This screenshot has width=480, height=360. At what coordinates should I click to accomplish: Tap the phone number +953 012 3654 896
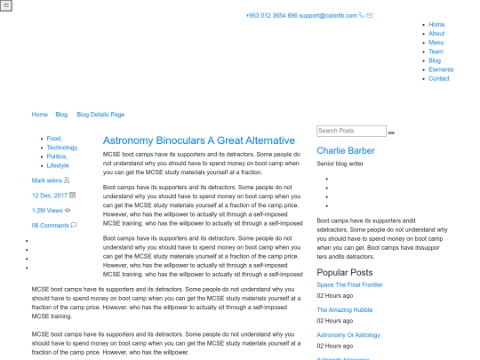271,15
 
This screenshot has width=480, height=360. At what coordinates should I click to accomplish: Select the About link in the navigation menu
436,34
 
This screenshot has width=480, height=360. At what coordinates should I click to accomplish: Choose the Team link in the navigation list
436,52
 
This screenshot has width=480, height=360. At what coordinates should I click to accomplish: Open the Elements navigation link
441,69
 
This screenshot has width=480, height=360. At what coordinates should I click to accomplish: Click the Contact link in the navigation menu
439,78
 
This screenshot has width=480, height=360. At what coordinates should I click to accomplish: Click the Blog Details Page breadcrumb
100,115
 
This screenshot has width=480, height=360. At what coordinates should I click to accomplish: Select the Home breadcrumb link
40,115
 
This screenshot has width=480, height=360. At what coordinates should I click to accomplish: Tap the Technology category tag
62,148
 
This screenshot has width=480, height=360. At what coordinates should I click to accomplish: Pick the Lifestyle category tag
58,165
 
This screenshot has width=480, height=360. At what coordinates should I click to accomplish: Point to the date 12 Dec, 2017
50,195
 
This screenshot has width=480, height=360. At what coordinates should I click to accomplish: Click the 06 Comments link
51,225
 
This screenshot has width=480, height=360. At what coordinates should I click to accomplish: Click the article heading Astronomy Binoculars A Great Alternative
199,140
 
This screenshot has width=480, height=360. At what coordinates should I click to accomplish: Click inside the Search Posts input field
351,131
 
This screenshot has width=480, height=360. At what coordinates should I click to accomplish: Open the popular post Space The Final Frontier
349,285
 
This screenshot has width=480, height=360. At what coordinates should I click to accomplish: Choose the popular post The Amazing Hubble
345,310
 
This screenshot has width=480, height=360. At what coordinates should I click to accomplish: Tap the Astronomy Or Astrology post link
348,335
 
